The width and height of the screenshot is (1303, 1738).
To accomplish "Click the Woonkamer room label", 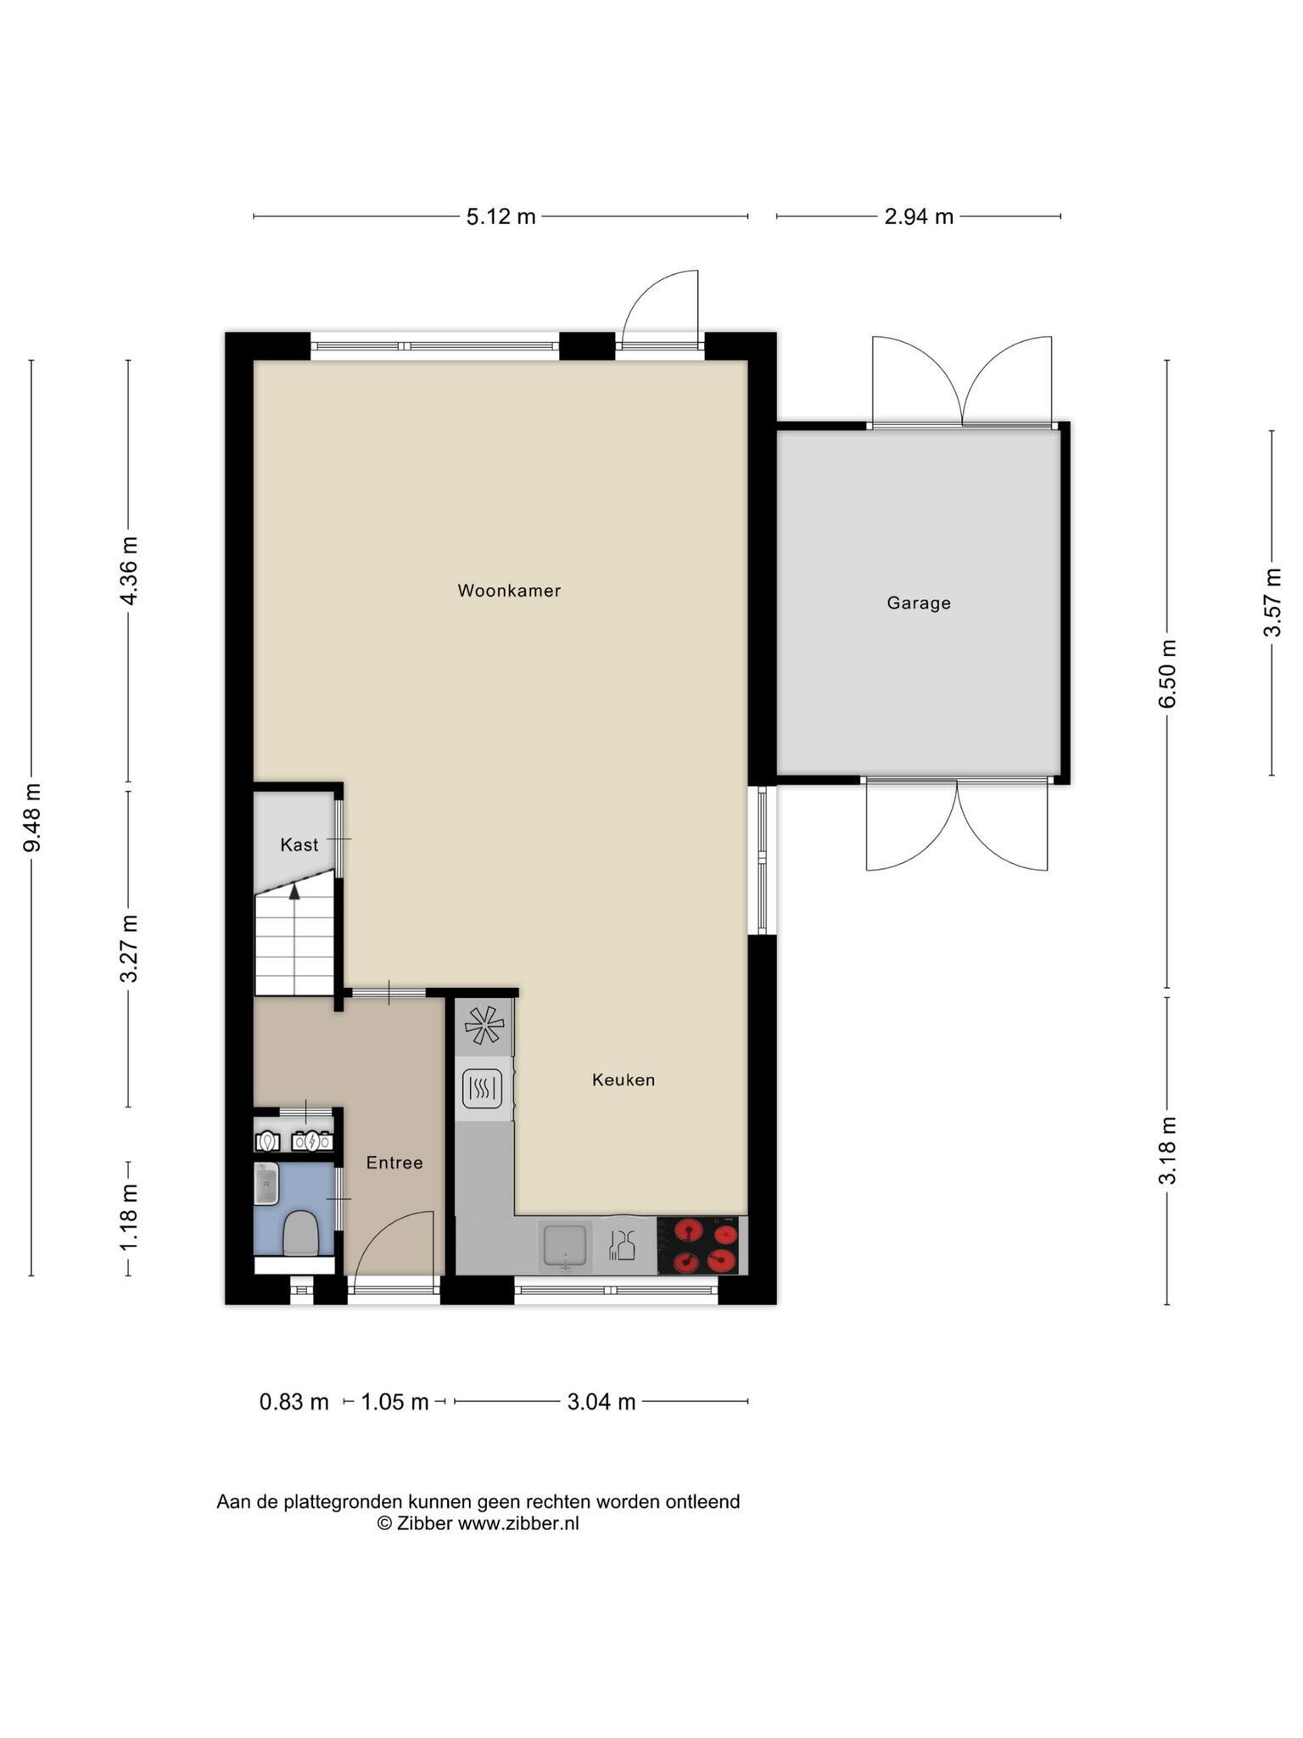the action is [509, 591].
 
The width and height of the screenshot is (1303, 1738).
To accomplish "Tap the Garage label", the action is [919, 603].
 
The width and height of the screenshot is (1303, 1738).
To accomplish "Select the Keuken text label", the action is [624, 1080].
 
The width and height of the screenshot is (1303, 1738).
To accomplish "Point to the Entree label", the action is [394, 1163].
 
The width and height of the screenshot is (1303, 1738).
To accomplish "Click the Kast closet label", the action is [299, 845].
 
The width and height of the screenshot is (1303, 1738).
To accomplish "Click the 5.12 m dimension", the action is [501, 217].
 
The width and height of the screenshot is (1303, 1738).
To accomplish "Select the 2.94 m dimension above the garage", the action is [919, 217].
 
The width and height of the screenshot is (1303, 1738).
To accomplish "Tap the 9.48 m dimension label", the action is [32, 817].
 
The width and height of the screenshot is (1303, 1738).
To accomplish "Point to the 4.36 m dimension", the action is [129, 570].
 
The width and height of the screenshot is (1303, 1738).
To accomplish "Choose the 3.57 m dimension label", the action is [1272, 603].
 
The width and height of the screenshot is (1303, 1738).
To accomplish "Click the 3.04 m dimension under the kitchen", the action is [601, 1402].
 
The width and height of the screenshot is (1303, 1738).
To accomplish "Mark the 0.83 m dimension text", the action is [294, 1402].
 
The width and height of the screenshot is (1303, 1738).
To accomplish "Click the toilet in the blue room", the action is [299, 1233].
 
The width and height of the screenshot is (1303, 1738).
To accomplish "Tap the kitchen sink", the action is [564, 1246].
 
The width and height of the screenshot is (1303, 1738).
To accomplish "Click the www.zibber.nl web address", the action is [518, 1523].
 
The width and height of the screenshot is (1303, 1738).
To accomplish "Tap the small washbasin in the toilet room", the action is [266, 1183].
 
